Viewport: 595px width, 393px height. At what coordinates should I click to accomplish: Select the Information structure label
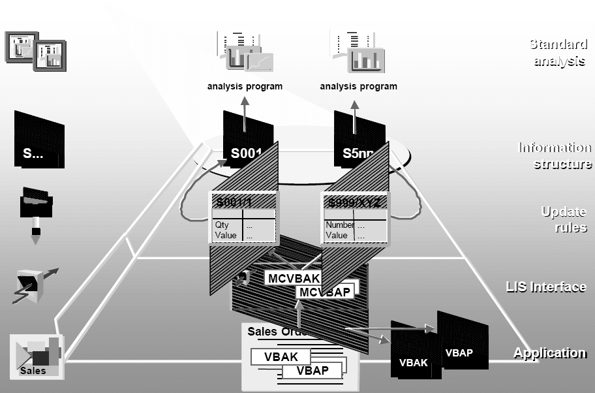[555, 155]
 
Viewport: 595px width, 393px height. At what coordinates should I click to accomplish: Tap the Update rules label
[564, 219]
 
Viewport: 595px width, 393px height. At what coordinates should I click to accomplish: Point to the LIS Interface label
[546, 287]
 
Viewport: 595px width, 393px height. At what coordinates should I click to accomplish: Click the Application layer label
[549, 353]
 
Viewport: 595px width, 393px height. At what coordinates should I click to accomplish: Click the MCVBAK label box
[293, 279]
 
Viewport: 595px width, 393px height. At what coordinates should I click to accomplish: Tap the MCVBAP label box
[324, 291]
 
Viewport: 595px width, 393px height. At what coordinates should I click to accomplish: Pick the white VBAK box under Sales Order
[281, 357]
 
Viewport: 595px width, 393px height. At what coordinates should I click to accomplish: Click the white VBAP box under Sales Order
[313, 370]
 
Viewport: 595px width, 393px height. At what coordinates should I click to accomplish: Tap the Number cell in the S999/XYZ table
[339, 225]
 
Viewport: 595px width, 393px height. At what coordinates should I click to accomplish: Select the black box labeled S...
[38, 141]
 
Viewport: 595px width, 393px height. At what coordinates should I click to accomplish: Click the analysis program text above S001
[245, 86]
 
